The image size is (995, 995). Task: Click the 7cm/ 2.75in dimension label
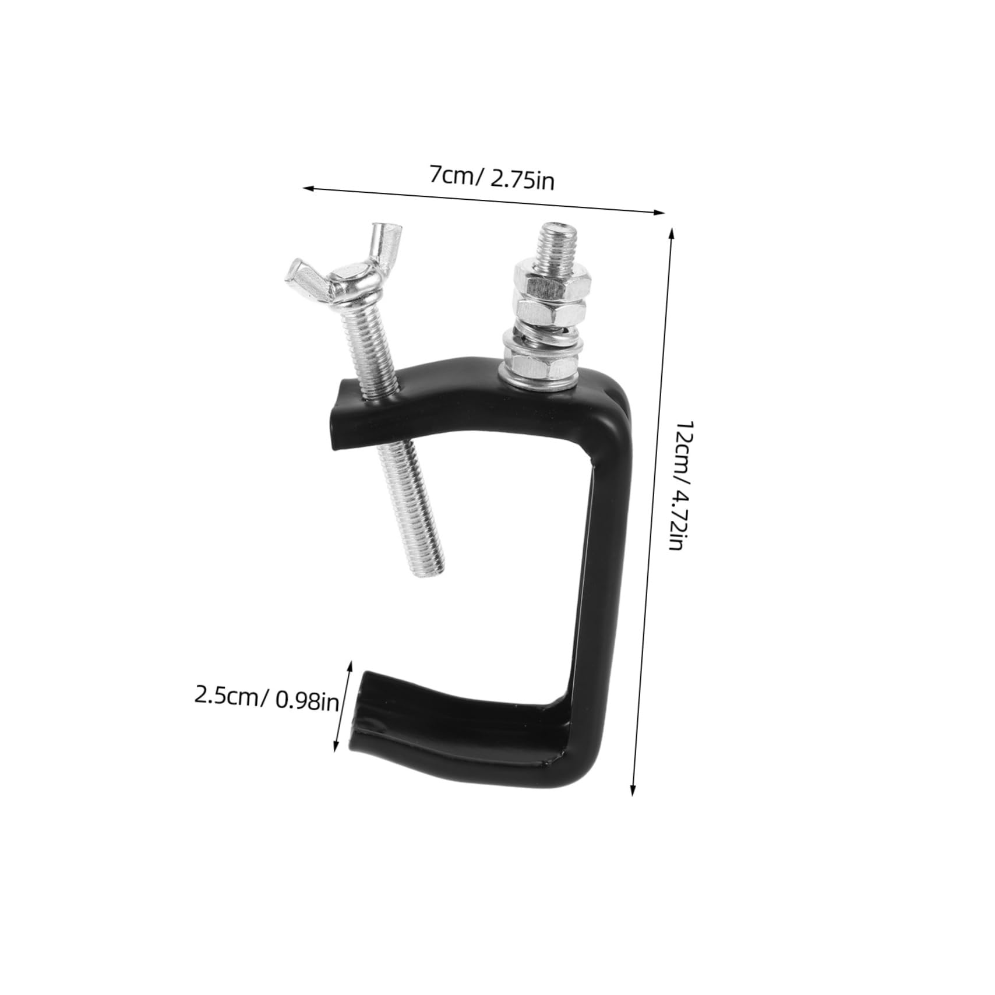click(492, 178)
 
